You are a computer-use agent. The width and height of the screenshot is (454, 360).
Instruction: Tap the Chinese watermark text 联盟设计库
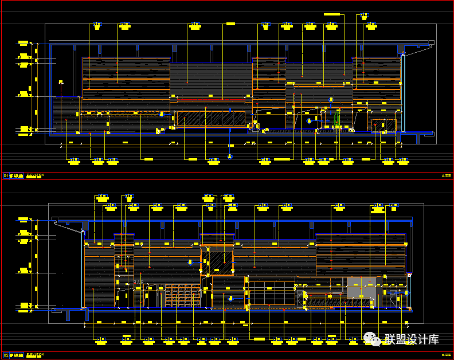(412, 339)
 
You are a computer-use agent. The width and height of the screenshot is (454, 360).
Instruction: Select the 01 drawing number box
(6, 176)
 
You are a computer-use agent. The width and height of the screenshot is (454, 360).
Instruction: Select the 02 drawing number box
(6, 355)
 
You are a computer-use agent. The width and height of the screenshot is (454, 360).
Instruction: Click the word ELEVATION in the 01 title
(35, 175)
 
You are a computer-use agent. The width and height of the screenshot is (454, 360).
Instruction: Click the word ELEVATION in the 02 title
(35, 355)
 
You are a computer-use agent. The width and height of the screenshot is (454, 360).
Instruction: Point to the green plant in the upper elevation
(337, 119)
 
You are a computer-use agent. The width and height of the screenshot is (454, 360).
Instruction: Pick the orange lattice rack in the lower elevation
(182, 295)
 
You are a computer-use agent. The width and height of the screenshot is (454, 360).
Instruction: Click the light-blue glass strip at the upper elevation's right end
(403, 92)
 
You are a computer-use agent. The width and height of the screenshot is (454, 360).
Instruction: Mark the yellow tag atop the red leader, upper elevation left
(60, 83)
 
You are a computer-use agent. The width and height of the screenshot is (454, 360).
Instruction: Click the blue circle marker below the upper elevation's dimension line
(230, 156)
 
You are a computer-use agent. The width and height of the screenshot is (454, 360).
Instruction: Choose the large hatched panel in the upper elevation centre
(210, 118)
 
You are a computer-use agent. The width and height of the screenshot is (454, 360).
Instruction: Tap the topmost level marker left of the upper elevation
(24, 43)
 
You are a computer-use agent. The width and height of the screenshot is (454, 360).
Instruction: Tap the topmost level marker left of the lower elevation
(24, 220)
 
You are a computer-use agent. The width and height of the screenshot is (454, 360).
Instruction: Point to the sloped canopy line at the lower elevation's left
(69, 225)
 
